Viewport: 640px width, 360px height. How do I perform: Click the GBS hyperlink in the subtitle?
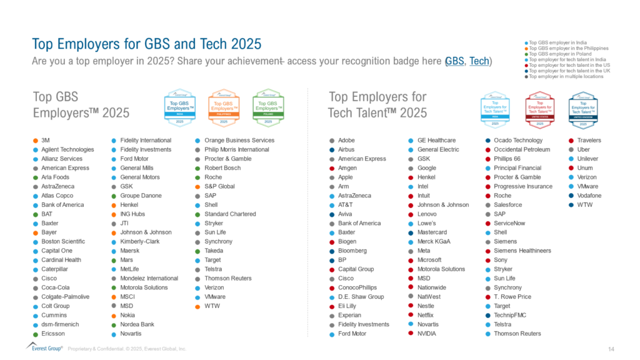tap(455, 61)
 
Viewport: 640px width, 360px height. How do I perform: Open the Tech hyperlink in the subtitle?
tap(479, 61)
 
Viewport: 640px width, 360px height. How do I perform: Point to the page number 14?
tap(611, 347)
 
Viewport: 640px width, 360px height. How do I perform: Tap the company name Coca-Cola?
tap(56, 287)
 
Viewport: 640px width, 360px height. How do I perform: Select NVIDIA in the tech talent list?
tap(427, 334)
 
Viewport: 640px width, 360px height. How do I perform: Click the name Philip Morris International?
tap(237, 149)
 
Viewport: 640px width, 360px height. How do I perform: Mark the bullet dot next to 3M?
tap(35, 141)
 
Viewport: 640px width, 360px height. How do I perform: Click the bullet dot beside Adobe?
tap(332, 141)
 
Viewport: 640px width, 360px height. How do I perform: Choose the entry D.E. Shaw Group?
tap(361, 297)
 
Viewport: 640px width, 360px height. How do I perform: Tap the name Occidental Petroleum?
tap(522, 149)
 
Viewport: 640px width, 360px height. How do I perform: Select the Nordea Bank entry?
tap(137, 324)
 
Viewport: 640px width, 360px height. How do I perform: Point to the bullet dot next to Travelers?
tap(571, 141)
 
